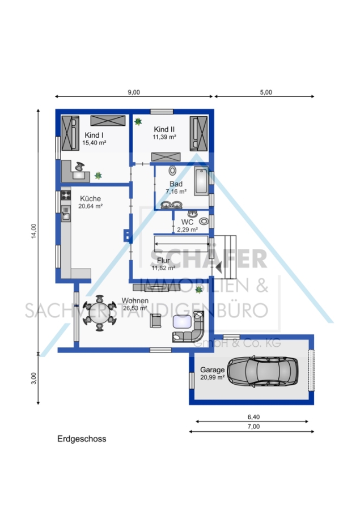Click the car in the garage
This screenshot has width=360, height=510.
[262, 371]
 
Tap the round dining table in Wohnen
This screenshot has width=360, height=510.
[100, 313]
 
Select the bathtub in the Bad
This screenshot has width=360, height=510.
[201, 181]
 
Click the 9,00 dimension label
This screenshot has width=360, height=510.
[134, 92]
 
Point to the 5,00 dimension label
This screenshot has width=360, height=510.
[266, 92]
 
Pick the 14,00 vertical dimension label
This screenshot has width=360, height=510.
[34, 231]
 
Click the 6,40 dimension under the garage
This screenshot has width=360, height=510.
[253, 417]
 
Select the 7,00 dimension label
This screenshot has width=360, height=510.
[253, 427]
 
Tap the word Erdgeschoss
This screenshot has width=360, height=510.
[82, 439]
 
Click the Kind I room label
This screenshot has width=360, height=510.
[94, 135]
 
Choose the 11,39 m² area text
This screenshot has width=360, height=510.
[164, 137]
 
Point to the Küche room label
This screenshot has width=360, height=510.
[91, 198]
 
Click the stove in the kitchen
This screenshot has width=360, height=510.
[66, 195]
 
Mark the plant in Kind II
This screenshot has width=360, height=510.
[138, 122]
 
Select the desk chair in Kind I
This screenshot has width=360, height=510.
[79, 167]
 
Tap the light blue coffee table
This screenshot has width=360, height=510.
[183, 322]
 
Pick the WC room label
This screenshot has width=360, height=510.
[187, 222]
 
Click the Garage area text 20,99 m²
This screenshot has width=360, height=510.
[212, 377]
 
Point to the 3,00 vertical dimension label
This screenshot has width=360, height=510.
[34, 379]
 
